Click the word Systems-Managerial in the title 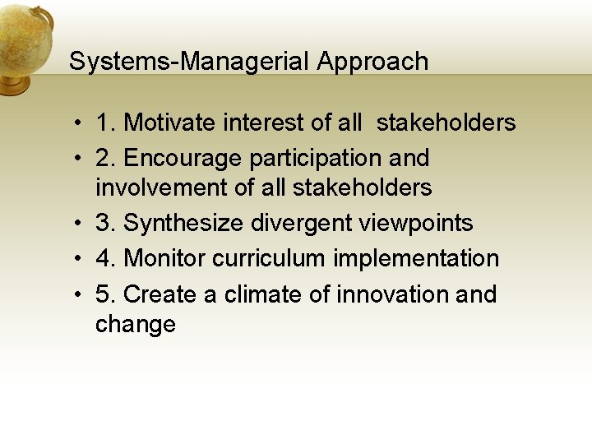point(189,62)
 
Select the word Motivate point(171,123)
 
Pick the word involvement point(162,188)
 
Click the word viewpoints point(416,224)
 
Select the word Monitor point(164,258)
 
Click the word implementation point(416,258)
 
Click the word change point(136,325)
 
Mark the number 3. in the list point(105,224)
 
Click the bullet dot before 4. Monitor point(76,259)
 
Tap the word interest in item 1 point(263,123)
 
